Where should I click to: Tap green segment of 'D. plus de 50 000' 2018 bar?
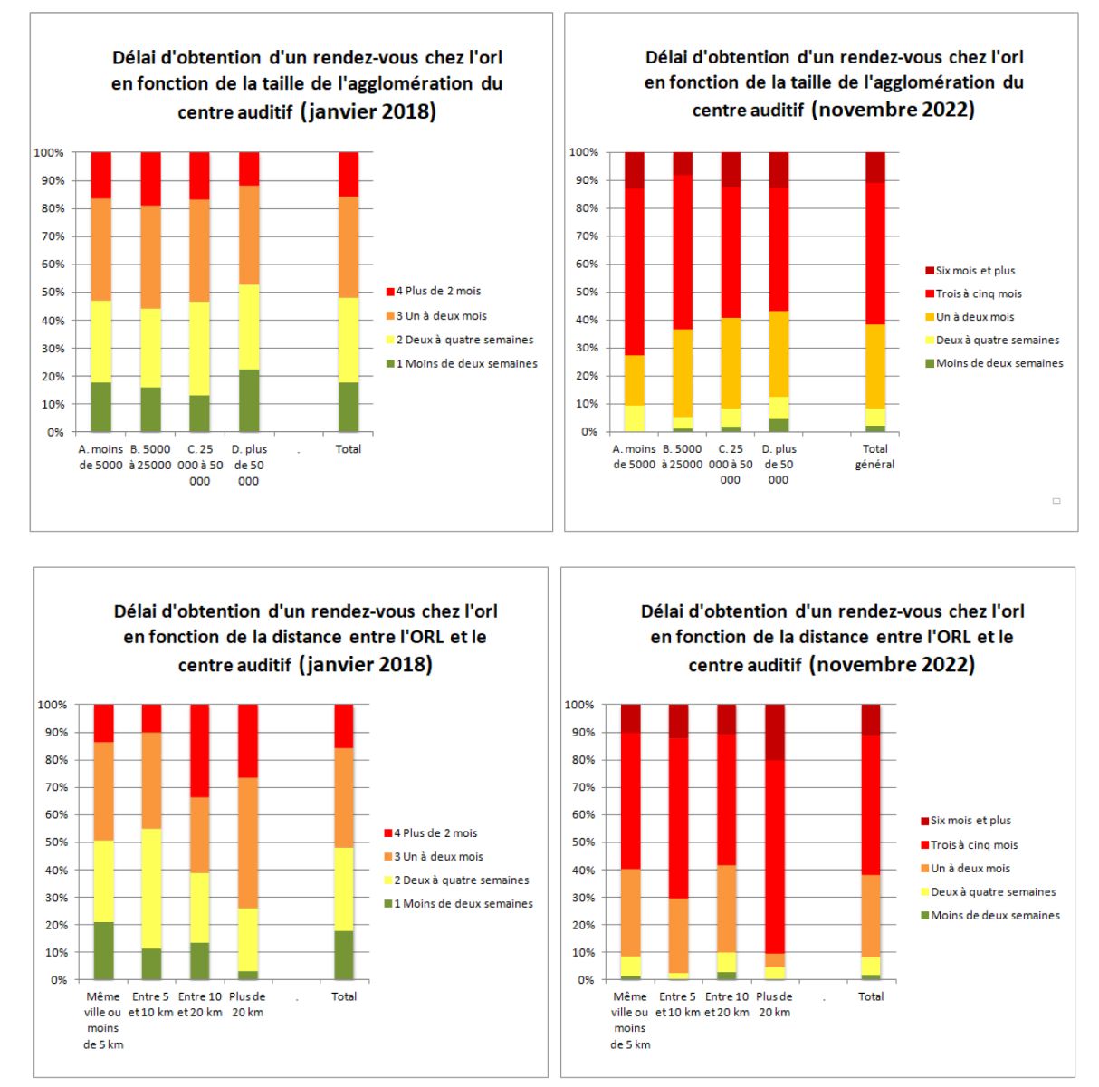click(x=249, y=400)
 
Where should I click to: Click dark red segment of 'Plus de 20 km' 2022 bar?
click(x=775, y=732)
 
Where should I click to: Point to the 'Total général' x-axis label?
click(x=874, y=457)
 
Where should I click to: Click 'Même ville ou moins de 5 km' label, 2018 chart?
click(x=103, y=1020)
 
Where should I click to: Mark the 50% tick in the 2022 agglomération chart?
click(x=587, y=292)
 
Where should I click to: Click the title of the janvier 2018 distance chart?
click(x=306, y=637)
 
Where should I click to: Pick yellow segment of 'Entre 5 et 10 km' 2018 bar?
click(x=152, y=889)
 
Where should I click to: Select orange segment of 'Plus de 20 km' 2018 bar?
click(x=248, y=842)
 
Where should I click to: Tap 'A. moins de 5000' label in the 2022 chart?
click(x=635, y=457)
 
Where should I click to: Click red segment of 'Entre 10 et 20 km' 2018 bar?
click(x=199, y=751)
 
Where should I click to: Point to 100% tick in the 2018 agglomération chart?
click(x=49, y=152)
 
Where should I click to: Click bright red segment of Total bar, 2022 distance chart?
click(x=871, y=805)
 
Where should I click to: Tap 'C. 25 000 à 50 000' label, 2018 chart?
click(x=200, y=466)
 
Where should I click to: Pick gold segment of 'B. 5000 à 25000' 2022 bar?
click(x=683, y=373)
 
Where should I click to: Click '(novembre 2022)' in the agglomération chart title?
click(x=894, y=109)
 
